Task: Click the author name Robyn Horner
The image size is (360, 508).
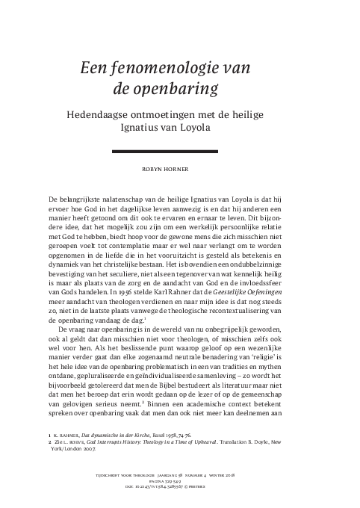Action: coord(179,170)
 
